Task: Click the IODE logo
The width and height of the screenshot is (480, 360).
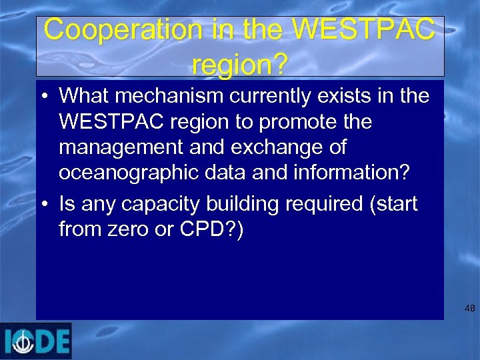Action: tap(36, 341)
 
